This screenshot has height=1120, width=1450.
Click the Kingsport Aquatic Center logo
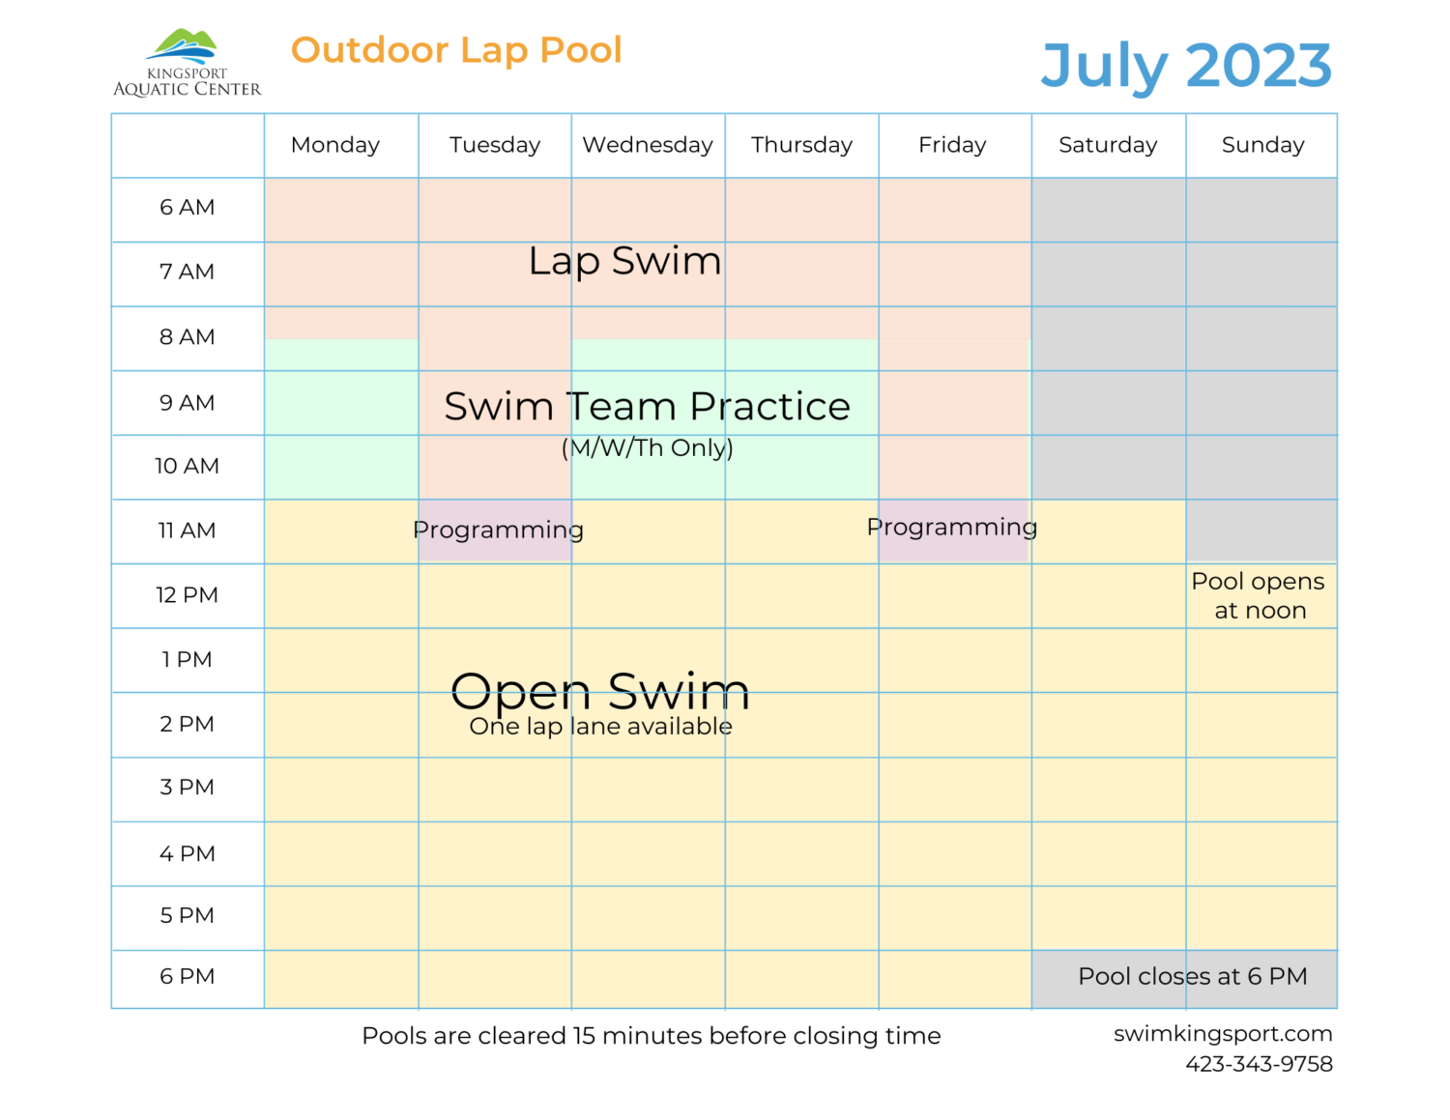187,64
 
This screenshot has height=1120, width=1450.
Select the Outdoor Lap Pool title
456,50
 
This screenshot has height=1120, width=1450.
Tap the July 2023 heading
1186,66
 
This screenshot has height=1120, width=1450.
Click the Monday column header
335,145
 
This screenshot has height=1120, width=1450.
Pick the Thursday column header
801,145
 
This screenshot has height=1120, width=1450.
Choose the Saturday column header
1108,145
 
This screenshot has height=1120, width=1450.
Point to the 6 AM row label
188,208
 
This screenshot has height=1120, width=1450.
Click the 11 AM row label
188,531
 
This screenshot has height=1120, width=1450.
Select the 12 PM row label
188,595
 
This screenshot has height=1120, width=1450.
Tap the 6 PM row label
188,977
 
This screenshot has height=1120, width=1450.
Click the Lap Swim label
625,262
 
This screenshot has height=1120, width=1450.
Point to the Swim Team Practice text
647,407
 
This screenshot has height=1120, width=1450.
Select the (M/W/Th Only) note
648,448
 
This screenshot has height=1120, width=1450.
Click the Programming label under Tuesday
498,531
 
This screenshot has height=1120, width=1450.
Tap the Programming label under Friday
952,528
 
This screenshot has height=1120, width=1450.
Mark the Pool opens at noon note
1259,596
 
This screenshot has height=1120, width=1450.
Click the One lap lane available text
600,727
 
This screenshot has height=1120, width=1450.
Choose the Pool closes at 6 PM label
1192,977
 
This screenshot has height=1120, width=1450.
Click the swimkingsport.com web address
1223,1034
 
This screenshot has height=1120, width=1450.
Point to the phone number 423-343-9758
1259,1064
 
